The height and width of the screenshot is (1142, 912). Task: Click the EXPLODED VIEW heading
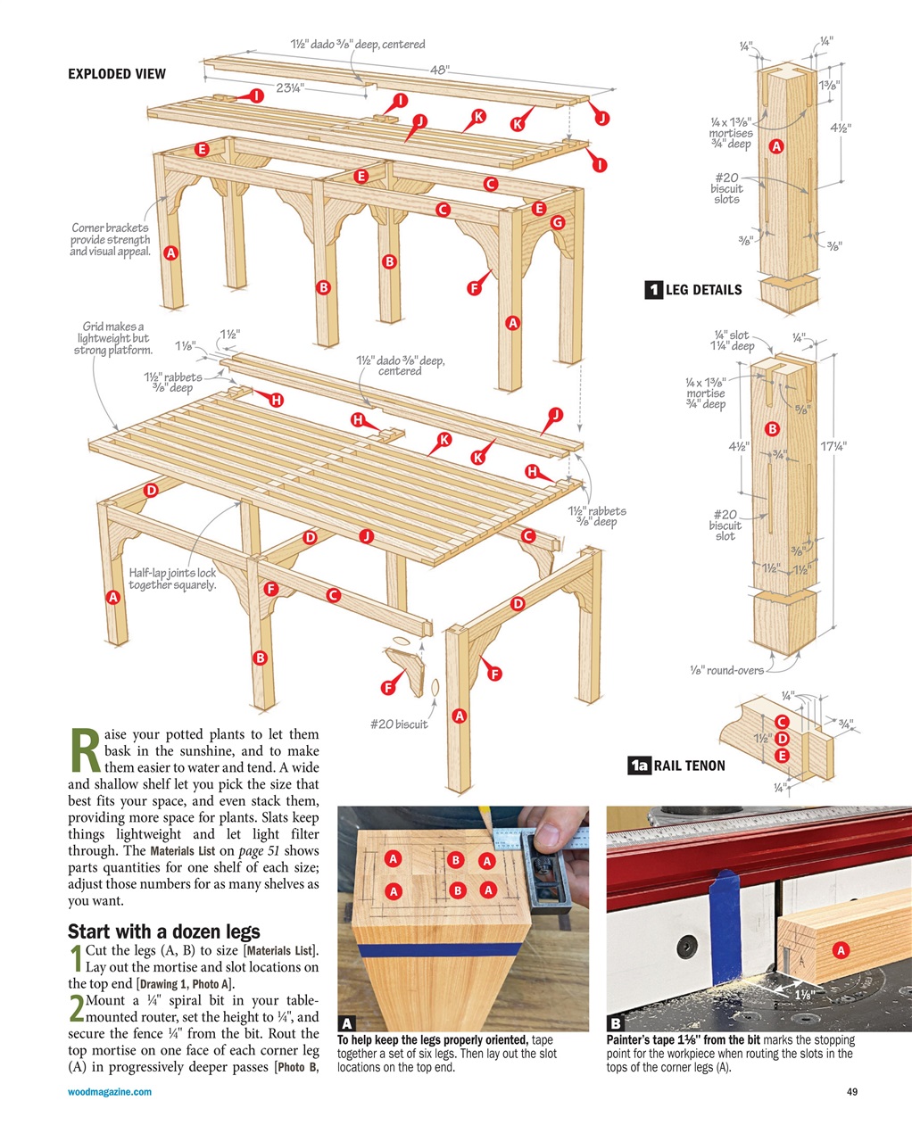click(117, 74)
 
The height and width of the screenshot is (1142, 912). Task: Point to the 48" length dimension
click(439, 70)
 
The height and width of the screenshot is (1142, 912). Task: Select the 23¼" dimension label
click(290, 87)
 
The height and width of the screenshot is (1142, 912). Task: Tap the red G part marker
click(558, 222)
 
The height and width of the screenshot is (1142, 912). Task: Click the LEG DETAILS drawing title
click(702, 289)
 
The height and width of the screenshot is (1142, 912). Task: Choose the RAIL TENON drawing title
click(689, 765)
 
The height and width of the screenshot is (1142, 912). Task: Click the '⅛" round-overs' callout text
click(726, 670)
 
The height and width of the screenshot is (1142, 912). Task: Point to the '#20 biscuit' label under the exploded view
click(399, 724)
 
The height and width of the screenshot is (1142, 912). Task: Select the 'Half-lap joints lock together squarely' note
click(172, 579)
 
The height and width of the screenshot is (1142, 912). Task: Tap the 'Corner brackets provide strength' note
click(111, 239)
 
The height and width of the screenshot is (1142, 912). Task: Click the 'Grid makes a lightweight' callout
click(113, 338)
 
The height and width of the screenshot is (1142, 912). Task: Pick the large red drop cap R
click(83, 752)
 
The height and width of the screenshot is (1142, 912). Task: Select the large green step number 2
click(76, 1009)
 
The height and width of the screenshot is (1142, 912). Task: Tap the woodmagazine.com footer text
click(110, 1092)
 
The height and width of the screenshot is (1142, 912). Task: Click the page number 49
click(850, 1092)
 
